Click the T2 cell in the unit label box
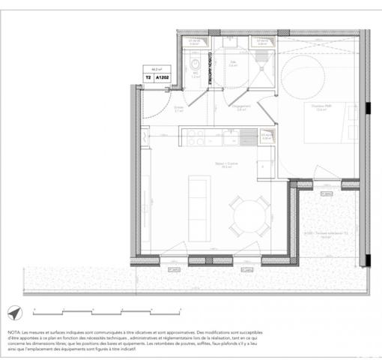tap(148, 76)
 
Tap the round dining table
tap(246, 220)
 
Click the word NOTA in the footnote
tap(15, 331)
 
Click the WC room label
tap(194, 73)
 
